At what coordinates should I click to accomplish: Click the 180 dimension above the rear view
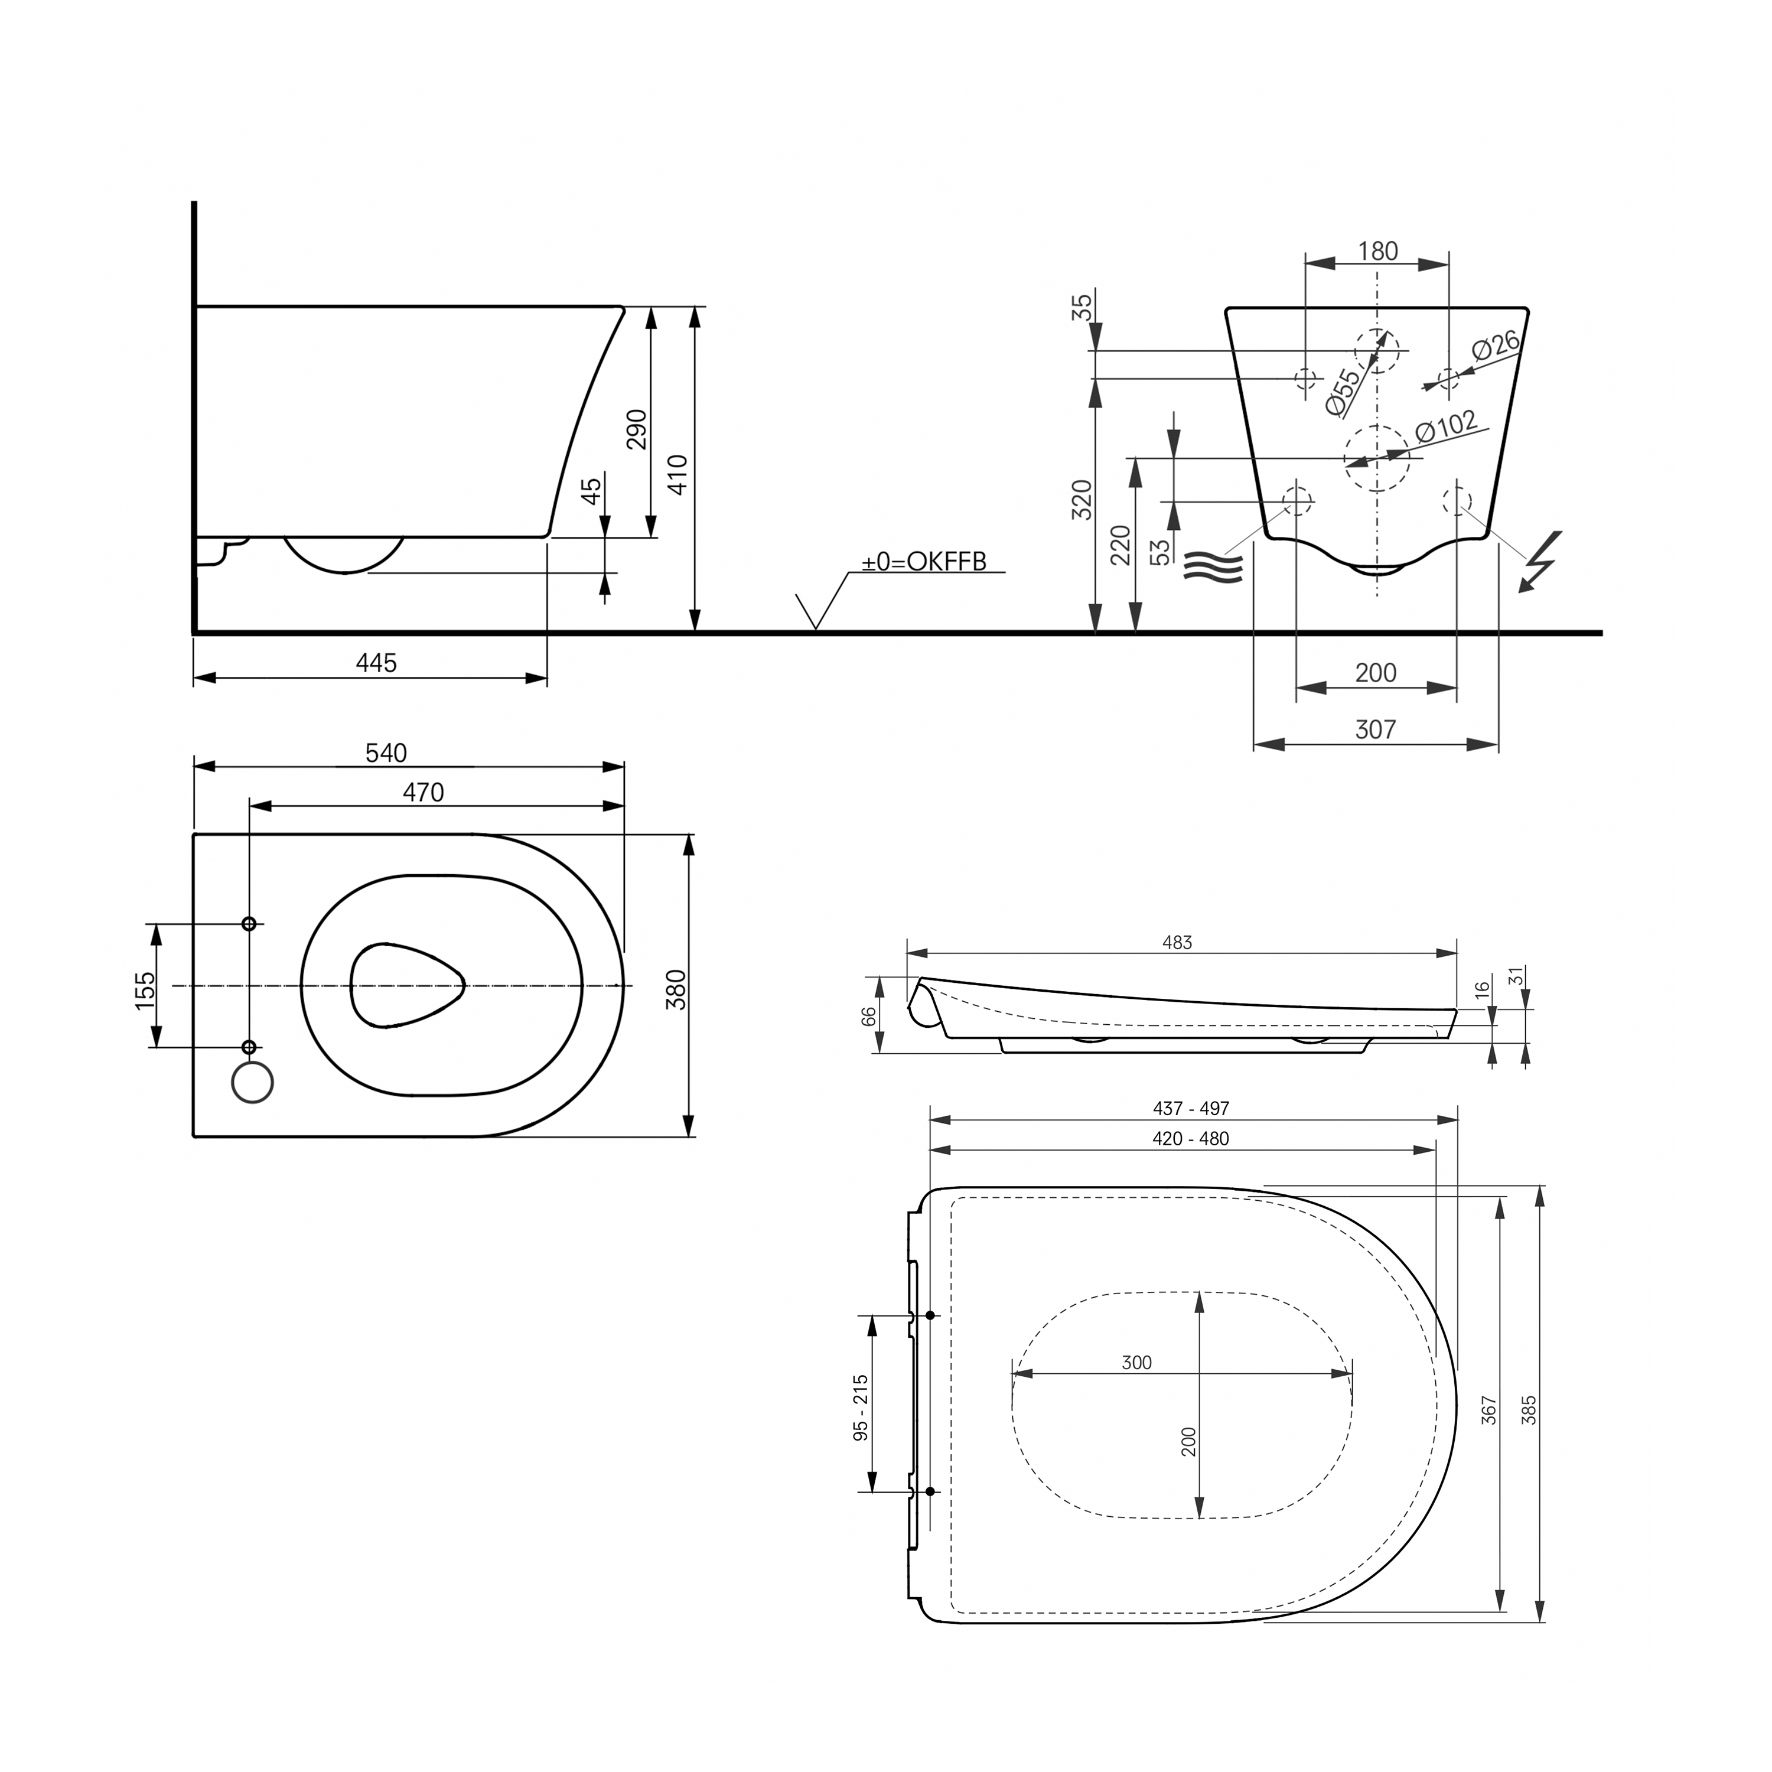[1377, 251]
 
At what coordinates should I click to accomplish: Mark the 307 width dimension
[1375, 729]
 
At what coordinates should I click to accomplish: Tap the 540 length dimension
[386, 753]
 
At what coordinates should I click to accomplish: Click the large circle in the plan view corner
[253, 1082]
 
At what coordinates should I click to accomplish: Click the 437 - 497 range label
[1191, 1108]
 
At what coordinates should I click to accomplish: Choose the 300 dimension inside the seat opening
[1136, 1363]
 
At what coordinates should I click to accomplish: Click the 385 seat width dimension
[1529, 1410]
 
